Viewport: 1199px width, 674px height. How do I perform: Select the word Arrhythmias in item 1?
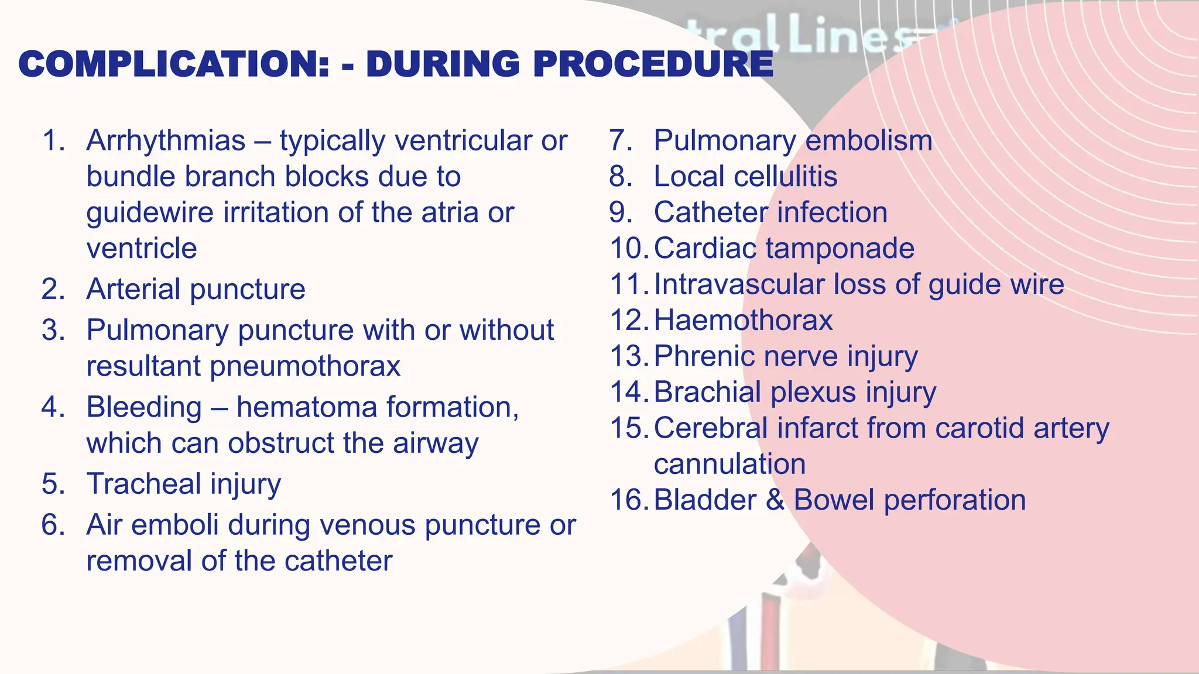pyautogui.click(x=166, y=141)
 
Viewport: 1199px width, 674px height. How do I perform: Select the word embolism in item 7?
pyautogui.click(x=869, y=141)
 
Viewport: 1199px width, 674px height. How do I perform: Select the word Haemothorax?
pyautogui.click(x=743, y=321)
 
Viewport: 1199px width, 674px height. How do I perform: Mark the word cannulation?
pyautogui.click(x=729, y=465)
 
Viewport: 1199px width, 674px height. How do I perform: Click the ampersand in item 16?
pyautogui.click(x=774, y=501)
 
